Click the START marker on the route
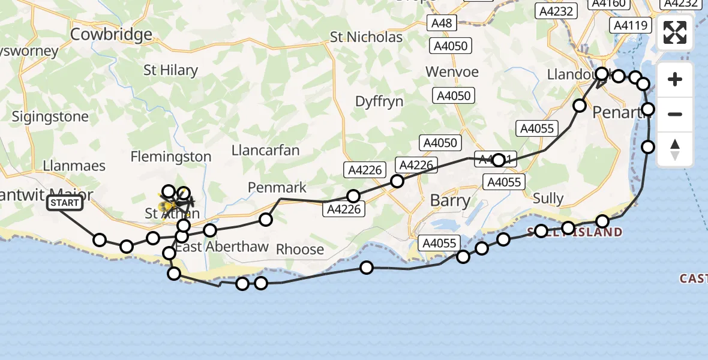click(x=64, y=203)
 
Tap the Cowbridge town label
click(x=111, y=34)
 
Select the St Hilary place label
click(x=170, y=70)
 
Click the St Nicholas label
click(x=366, y=37)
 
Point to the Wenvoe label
click(x=452, y=72)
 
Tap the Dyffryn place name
click(x=379, y=101)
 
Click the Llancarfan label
click(x=265, y=150)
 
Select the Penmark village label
click(x=277, y=188)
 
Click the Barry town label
click(x=450, y=200)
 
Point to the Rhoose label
click(x=299, y=249)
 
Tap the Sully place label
click(x=548, y=199)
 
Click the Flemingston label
click(x=171, y=157)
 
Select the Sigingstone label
click(x=50, y=116)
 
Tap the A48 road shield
click(x=442, y=23)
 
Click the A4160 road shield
click(x=608, y=4)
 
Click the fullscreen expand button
click(x=675, y=32)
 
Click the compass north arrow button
click(x=675, y=149)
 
